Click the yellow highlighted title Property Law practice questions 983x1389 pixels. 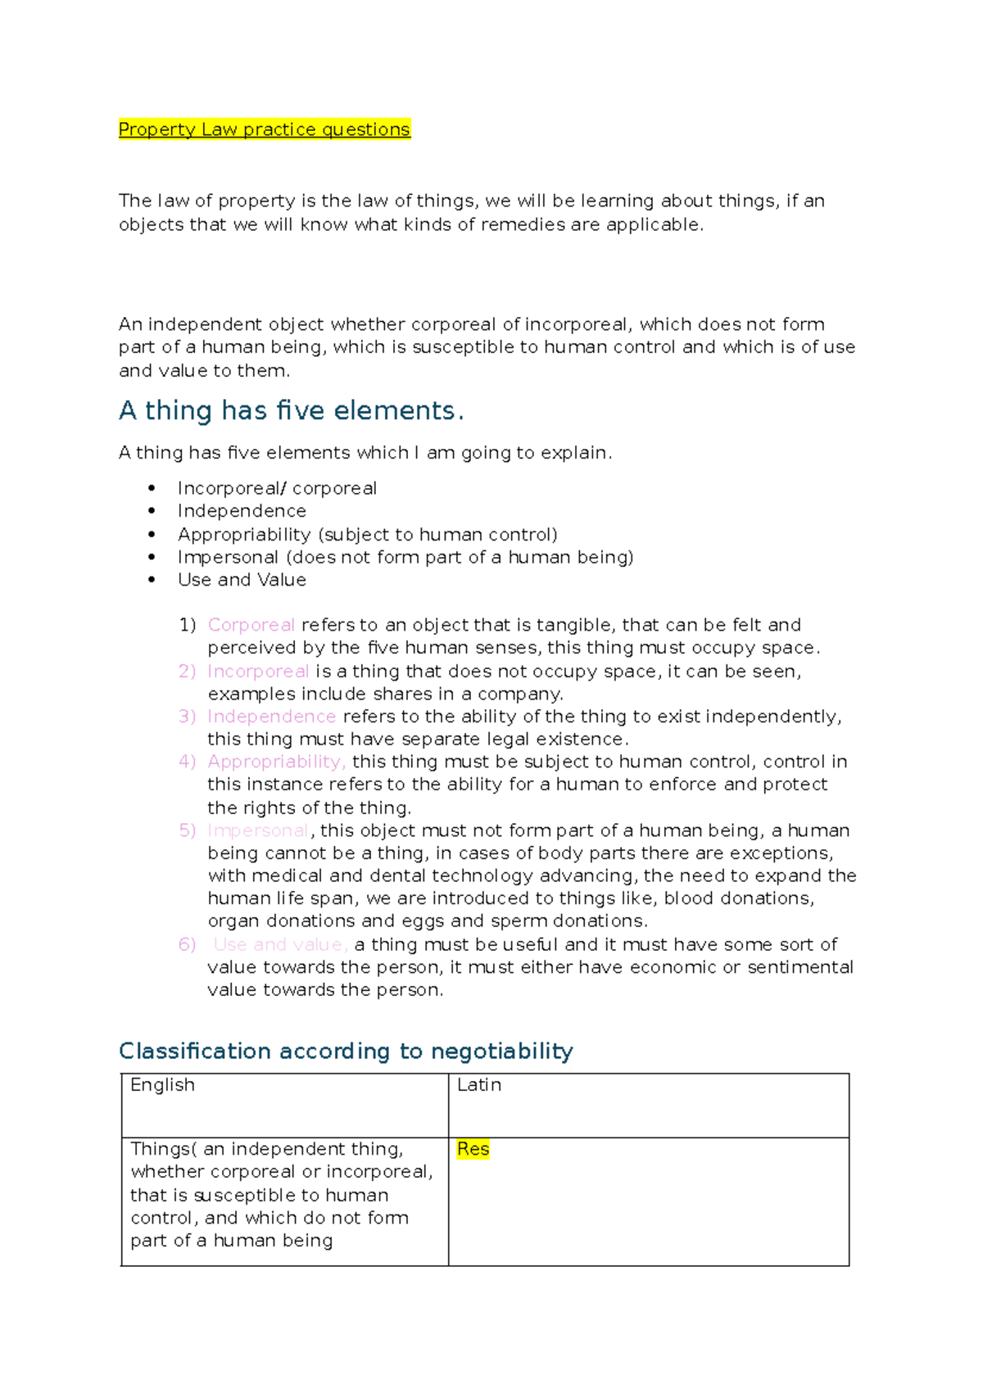264,129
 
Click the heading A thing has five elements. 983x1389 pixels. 291,410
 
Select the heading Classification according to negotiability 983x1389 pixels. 345,1051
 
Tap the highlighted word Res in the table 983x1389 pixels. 473,1149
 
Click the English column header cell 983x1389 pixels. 162,1085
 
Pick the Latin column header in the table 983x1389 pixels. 478,1085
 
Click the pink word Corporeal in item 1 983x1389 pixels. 251,625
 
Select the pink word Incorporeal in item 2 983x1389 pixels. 258,672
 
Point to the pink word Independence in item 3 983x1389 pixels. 271,717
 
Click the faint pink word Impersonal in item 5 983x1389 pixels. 258,830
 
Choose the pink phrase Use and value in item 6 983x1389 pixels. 280,944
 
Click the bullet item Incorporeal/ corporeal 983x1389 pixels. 277,488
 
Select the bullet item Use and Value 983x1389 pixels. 242,580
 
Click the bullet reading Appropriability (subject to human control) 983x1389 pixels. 367,535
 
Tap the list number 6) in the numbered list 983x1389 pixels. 187,944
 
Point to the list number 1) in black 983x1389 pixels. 188,625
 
